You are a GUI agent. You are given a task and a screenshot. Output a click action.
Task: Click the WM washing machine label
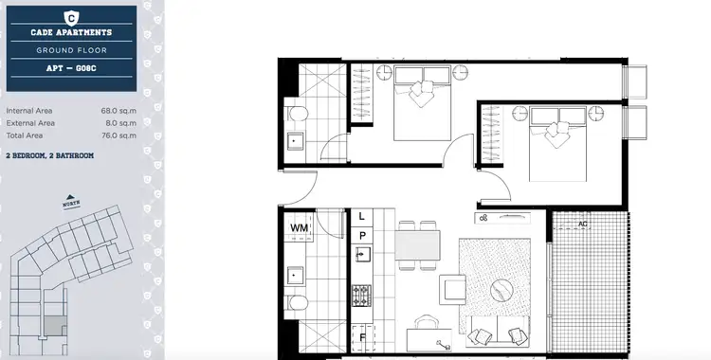pyautogui.click(x=299, y=228)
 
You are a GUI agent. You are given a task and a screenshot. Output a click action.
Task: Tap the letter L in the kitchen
pyautogui.click(x=361, y=216)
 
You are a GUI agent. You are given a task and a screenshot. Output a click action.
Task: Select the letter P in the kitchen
pyautogui.click(x=361, y=235)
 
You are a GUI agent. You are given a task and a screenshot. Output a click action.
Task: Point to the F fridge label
pyautogui.click(x=361, y=336)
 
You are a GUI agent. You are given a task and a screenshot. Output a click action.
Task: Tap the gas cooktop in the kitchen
pyautogui.click(x=361, y=295)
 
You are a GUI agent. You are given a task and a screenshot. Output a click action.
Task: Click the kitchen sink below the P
pyautogui.click(x=361, y=255)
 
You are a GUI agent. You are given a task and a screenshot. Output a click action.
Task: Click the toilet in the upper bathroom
pyautogui.click(x=299, y=116)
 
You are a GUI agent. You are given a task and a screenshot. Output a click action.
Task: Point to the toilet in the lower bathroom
pyautogui.click(x=299, y=304)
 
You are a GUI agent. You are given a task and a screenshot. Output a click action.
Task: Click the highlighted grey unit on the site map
pyautogui.click(x=53, y=325)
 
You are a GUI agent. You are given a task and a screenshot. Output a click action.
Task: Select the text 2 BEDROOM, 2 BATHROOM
pyautogui.click(x=49, y=154)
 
